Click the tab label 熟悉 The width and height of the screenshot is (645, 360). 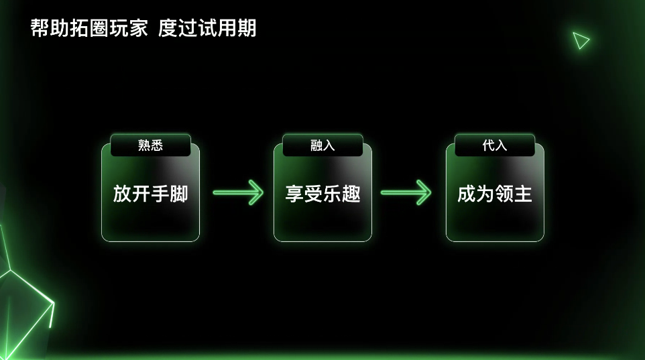(x=150, y=145)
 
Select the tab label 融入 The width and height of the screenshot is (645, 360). (x=322, y=145)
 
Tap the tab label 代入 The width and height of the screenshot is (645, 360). (x=495, y=145)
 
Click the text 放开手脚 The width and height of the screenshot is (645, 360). (x=150, y=194)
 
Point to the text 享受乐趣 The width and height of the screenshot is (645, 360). (x=322, y=194)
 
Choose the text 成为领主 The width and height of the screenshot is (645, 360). (x=495, y=194)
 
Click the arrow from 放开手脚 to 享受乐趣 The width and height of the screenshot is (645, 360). (x=238, y=193)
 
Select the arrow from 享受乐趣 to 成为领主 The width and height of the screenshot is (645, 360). (x=406, y=193)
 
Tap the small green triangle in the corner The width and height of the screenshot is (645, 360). (x=581, y=40)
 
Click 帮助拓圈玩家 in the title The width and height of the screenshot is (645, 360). (x=89, y=28)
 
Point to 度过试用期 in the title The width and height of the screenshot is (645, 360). (x=207, y=28)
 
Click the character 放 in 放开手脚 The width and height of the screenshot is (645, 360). (x=122, y=194)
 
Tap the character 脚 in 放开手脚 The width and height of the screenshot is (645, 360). (x=178, y=194)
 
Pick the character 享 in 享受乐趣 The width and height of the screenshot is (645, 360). (x=294, y=194)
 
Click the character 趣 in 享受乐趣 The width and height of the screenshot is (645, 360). (x=351, y=194)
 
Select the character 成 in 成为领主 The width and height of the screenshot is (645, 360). (x=467, y=194)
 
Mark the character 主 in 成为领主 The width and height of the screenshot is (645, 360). (x=523, y=194)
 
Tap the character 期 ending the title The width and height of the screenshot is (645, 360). (x=247, y=28)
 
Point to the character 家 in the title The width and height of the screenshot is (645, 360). (x=138, y=28)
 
